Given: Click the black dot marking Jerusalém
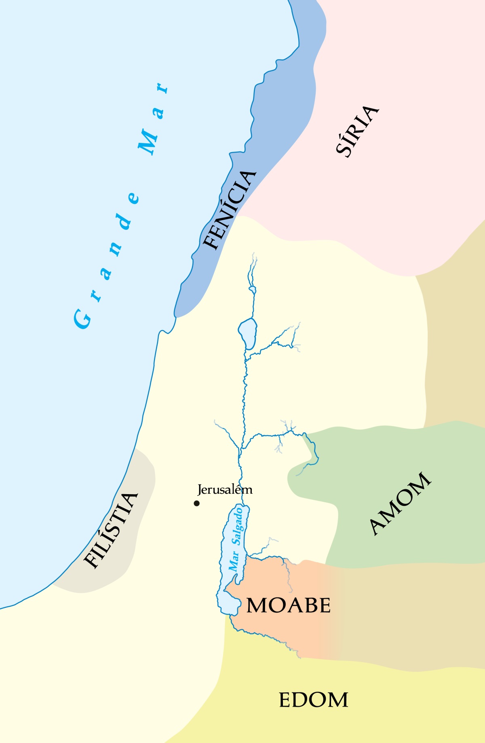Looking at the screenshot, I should pyautogui.click(x=197, y=503).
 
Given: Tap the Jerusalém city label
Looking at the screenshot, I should pyautogui.click(x=225, y=490).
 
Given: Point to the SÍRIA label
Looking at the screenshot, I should pyautogui.click(x=357, y=130).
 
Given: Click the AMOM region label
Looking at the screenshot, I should pyautogui.click(x=400, y=503).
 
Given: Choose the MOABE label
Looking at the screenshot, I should pyautogui.click(x=289, y=606).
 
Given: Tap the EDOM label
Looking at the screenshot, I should pyautogui.click(x=314, y=701).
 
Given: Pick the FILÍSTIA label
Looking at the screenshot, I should pyautogui.click(x=111, y=531).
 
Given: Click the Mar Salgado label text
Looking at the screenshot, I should pyautogui.click(x=236, y=539).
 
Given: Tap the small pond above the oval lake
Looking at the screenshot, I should pyautogui.click(x=253, y=289).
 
